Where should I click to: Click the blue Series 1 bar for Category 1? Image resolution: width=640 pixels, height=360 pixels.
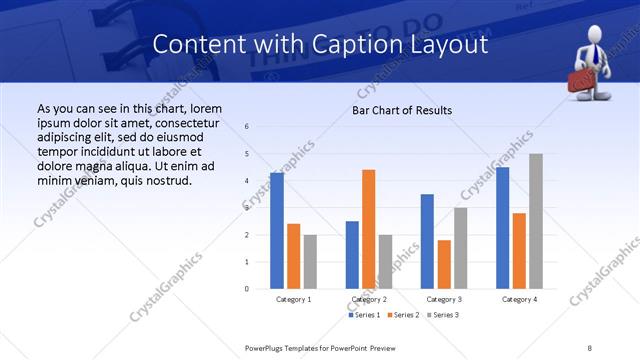point(277,231)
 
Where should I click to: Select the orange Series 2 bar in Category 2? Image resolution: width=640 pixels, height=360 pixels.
point(369,229)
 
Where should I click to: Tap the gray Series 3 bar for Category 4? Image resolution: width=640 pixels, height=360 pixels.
point(536,221)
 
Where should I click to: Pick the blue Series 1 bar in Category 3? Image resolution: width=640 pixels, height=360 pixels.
point(427,241)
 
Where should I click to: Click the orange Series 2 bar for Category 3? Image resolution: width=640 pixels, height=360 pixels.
point(444,264)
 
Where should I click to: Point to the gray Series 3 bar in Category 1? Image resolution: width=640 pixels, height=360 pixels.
point(310,261)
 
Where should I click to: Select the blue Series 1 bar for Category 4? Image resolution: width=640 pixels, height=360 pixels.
point(503,228)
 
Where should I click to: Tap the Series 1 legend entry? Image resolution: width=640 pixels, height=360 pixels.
point(364,315)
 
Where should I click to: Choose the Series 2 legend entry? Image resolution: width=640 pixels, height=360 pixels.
point(403,315)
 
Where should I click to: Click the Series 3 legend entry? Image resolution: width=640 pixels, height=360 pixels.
point(442,315)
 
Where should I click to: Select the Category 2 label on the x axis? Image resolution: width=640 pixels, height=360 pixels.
point(369,299)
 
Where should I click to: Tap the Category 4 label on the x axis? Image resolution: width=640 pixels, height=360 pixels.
point(519,299)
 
